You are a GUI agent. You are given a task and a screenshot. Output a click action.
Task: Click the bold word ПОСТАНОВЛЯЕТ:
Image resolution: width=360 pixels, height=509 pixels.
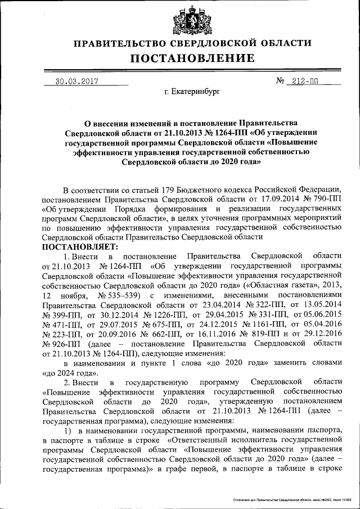(x=79, y=246)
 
